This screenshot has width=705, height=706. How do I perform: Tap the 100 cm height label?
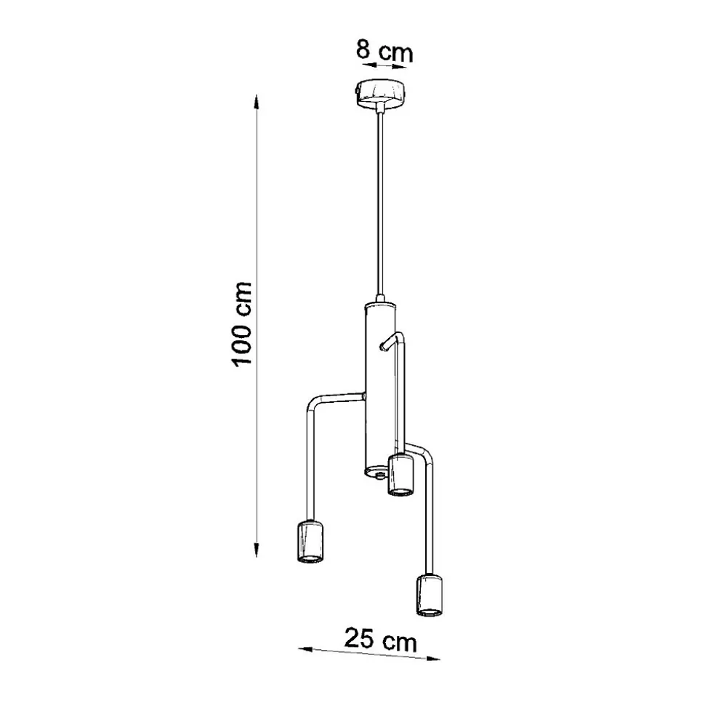coord(241,324)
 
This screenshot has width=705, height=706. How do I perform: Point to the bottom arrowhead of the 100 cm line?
coord(256,549)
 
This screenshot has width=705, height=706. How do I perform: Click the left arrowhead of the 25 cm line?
coord(305,649)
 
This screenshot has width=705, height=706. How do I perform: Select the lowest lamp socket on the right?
coord(430,595)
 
